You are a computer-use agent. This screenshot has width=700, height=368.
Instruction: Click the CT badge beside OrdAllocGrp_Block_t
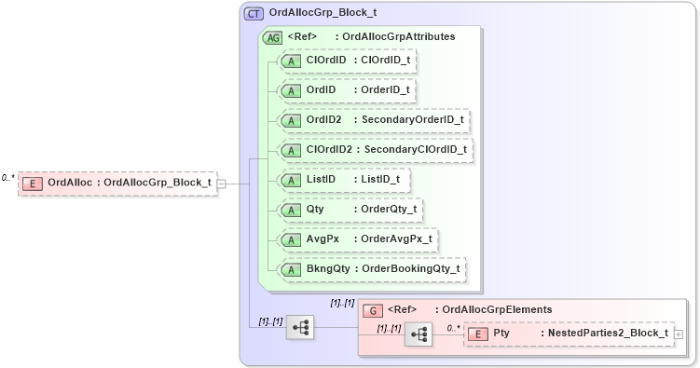pos(254,14)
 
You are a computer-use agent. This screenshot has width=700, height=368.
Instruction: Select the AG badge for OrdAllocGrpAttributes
pos(273,37)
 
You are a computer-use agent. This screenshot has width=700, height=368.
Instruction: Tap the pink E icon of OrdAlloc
pos(33,184)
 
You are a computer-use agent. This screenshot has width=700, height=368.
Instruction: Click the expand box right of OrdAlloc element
pos(221,184)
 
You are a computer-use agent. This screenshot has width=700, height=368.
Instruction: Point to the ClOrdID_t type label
pos(383,61)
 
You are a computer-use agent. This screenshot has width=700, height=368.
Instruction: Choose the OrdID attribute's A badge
pos(291,90)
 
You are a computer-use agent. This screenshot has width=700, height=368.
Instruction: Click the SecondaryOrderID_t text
pos(413,120)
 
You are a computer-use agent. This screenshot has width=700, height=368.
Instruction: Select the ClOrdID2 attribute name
pos(329,150)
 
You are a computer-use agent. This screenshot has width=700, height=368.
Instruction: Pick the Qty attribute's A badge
pos(291,210)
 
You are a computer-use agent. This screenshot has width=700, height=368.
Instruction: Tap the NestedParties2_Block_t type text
pos(608,334)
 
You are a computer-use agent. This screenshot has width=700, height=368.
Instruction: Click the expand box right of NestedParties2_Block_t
pos(678,334)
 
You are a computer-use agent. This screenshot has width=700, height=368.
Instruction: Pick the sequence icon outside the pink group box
pos(300,327)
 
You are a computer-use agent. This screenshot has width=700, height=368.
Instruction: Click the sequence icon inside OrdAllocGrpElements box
pos(419,334)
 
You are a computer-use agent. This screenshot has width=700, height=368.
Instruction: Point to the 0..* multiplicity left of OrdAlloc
pos(8,177)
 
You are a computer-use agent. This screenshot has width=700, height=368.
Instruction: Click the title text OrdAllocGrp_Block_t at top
pos(323,14)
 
